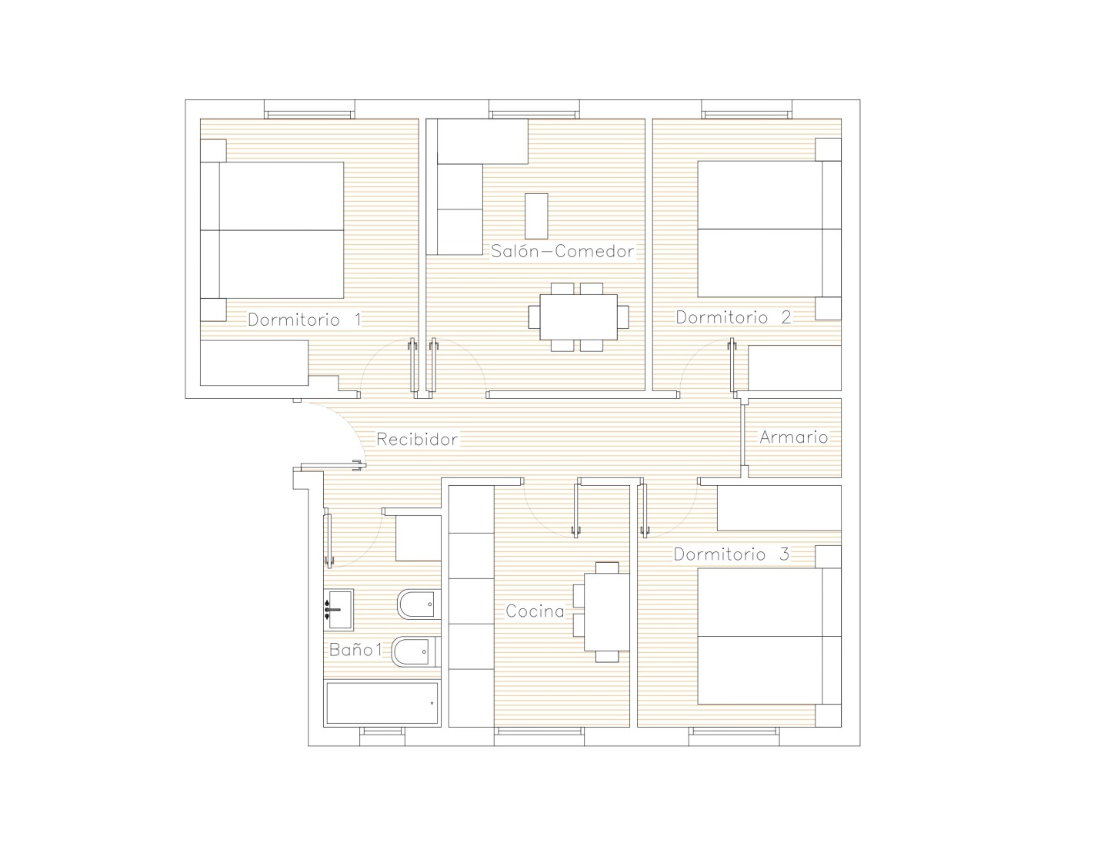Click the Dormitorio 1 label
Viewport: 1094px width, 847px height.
305,320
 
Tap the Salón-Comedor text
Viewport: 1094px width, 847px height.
562,250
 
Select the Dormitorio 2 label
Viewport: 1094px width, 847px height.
733,317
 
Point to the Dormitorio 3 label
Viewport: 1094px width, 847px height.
731,554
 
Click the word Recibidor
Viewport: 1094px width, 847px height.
417,439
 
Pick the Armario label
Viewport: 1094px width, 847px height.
793,437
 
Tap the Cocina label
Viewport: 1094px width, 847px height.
535,611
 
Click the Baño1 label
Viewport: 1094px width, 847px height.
355,649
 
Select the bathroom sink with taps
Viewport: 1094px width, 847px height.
339,609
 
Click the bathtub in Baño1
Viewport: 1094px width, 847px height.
382,704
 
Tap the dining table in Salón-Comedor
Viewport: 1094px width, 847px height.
579,317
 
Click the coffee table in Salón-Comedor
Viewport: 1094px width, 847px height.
536,216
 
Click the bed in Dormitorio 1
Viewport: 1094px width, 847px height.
272,230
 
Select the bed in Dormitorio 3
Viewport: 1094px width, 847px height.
769,636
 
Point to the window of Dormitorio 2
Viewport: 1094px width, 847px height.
747,109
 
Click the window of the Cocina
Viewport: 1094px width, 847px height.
539,736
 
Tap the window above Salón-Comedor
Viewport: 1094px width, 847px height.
534,109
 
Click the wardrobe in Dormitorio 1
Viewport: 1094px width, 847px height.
254,363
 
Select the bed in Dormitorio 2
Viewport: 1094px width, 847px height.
769,229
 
